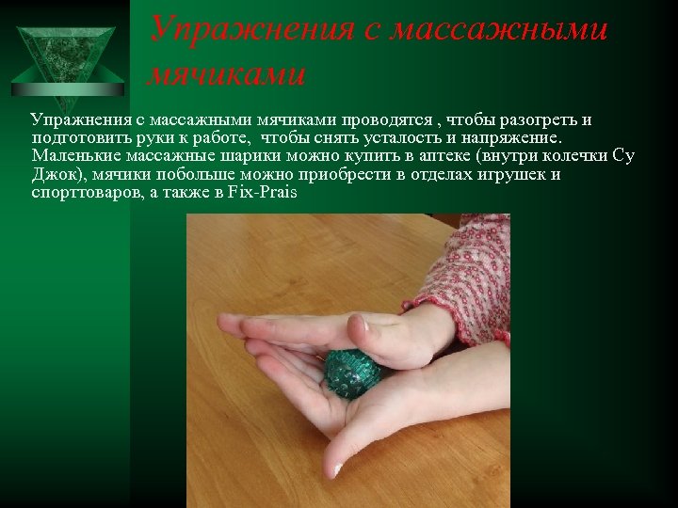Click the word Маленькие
(x=75, y=156)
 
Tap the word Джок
(x=53, y=174)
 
